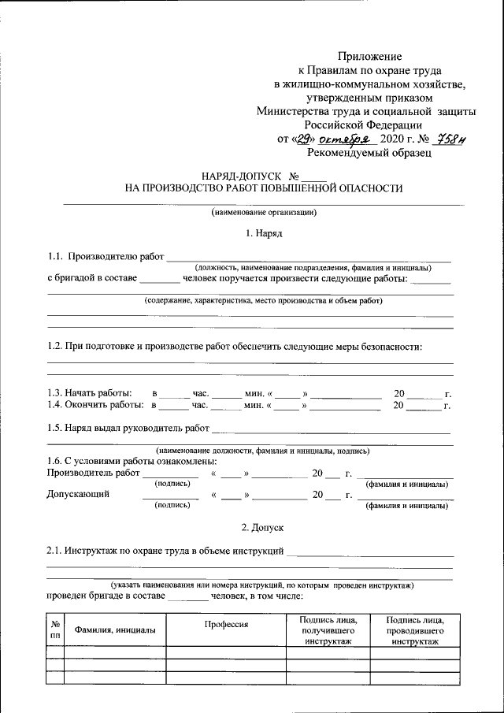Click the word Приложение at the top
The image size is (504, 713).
pyautogui.click(x=370, y=56)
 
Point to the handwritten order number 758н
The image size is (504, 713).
pyautogui.click(x=453, y=139)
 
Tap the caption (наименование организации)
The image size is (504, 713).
pyautogui.click(x=264, y=213)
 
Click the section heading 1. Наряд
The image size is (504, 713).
pyautogui.click(x=264, y=233)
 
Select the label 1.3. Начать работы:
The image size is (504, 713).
pyautogui.click(x=90, y=392)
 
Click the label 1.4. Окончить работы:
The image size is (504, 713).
pyautogui.click(x=95, y=406)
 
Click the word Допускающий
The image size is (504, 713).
pyautogui.click(x=78, y=495)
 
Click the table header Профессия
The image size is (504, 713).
pyautogui.click(x=226, y=624)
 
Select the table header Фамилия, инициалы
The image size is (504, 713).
pyautogui.click(x=114, y=629)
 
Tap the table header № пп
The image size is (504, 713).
pyautogui.click(x=55, y=629)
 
